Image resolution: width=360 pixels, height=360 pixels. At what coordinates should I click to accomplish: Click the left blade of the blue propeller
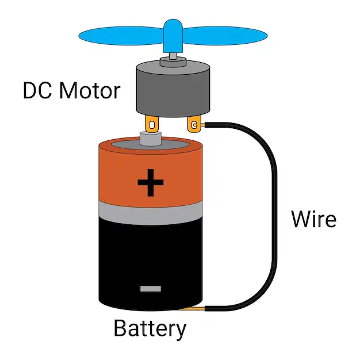click(x=121, y=36)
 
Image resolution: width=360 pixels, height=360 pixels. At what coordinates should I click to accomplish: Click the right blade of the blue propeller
click(x=225, y=36)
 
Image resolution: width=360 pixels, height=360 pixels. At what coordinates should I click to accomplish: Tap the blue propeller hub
click(x=173, y=36)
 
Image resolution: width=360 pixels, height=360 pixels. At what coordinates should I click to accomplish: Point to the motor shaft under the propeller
click(x=173, y=56)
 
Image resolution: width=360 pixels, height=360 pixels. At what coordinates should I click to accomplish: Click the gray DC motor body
click(x=173, y=90)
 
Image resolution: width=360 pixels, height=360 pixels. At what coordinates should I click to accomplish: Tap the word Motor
click(x=90, y=90)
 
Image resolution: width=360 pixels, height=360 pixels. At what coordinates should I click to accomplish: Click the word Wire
click(x=314, y=219)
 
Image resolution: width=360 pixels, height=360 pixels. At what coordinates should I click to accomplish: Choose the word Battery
click(x=150, y=329)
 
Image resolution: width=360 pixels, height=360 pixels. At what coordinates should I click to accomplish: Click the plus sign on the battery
click(x=150, y=183)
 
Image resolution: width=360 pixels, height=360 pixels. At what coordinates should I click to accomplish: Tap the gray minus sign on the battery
click(x=151, y=289)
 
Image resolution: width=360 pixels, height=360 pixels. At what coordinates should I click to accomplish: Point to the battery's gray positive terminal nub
click(x=151, y=139)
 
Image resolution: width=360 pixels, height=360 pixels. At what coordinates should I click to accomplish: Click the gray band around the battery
click(x=151, y=213)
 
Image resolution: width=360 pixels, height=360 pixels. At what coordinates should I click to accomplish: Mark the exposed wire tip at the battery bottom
click(x=192, y=309)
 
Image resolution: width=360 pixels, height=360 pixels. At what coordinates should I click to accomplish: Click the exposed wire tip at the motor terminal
click(x=203, y=125)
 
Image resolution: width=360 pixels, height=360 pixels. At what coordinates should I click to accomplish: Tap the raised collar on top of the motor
click(x=173, y=62)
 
